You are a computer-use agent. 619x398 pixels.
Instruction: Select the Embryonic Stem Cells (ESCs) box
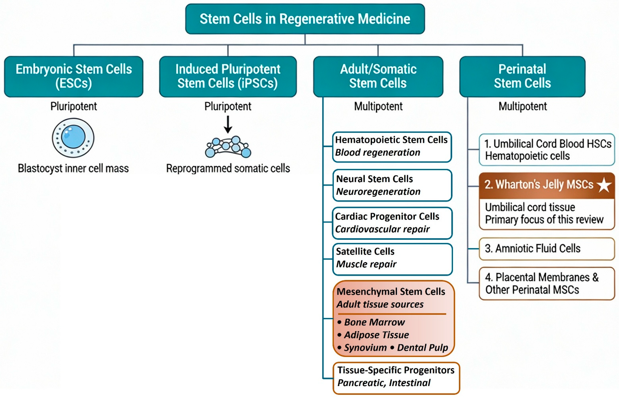(74, 77)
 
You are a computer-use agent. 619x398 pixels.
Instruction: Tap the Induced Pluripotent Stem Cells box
(228, 77)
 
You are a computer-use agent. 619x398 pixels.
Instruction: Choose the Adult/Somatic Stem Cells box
(378, 77)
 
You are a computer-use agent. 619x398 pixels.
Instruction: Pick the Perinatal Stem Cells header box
(522, 77)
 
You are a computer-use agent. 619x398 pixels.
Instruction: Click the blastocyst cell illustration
(73, 138)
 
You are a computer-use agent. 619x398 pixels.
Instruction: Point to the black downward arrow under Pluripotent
(228, 125)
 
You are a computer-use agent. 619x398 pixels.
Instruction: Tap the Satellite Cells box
(392, 259)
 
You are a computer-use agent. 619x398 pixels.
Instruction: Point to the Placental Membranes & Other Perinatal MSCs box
(547, 283)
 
